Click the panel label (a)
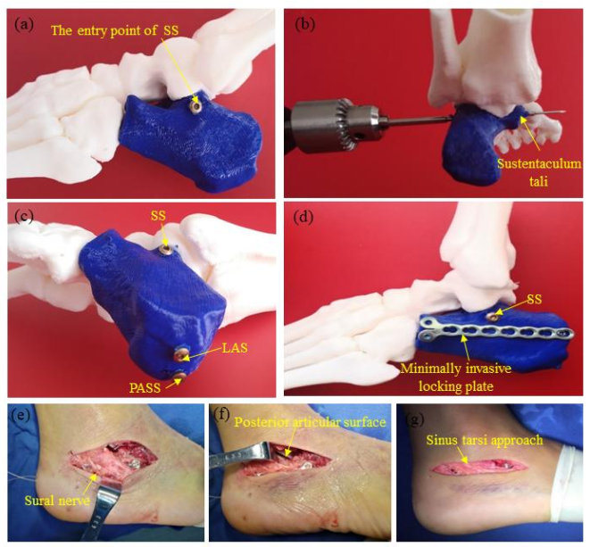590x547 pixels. click(x=24, y=24)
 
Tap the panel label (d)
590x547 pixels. click(x=304, y=219)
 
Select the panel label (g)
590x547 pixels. click(x=413, y=419)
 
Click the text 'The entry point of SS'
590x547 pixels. click(x=114, y=30)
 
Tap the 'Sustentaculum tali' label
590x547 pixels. click(x=538, y=172)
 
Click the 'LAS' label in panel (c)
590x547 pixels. click(x=235, y=348)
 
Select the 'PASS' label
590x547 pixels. click(x=145, y=387)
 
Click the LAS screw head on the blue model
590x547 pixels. click(x=180, y=355)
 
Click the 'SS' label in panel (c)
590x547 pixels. click(x=158, y=216)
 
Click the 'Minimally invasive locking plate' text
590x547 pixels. click(x=456, y=377)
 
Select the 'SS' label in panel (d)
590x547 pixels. click(x=534, y=299)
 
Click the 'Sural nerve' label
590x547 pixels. click(x=57, y=500)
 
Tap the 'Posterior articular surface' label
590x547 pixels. click(x=311, y=422)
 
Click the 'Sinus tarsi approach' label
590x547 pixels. click(x=485, y=439)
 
